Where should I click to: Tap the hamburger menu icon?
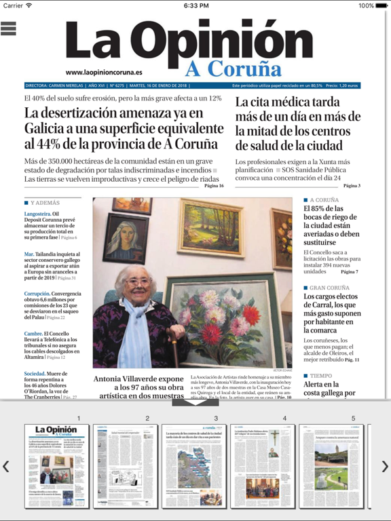coord(9,28)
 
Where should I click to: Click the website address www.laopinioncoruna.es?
coord(104,72)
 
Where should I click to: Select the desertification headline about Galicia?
coord(121,128)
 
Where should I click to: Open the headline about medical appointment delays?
coord(298,123)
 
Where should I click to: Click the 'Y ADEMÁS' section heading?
coord(45,203)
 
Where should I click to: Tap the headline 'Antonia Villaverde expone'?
coord(138,379)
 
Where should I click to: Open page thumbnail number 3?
coord(194,466)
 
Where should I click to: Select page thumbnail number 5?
coord(331,466)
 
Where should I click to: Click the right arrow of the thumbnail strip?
coord(384,466)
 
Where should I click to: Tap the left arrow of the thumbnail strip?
coord(6,466)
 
